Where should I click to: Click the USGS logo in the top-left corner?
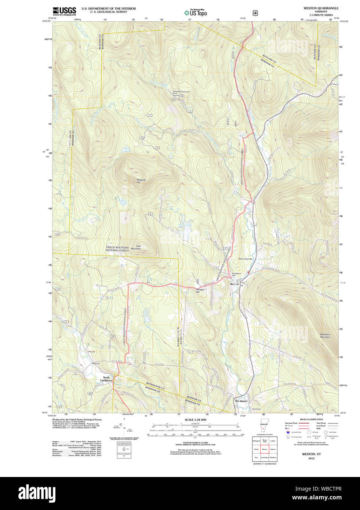pyautogui.click(x=64, y=11)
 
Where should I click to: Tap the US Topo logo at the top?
pyautogui.click(x=196, y=12)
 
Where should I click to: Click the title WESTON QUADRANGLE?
pyautogui.click(x=321, y=8)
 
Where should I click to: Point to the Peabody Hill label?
pyautogui.click(x=141, y=181)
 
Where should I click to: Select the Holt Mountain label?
pyautogui.click(x=136, y=248)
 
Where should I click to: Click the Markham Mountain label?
pyautogui.click(x=325, y=335)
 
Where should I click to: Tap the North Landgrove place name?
pyautogui.click(x=106, y=379)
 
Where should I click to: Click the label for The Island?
pyautogui.click(x=241, y=401)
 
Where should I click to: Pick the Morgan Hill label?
pyautogui.click(x=200, y=291)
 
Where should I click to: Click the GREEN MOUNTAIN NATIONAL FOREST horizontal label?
pyautogui.click(x=117, y=249)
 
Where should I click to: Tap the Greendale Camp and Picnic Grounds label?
pyautogui.click(x=181, y=93)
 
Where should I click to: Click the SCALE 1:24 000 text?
pyautogui.click(x=195, y=420)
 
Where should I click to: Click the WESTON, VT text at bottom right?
pyautogui.click(x=311, y=454)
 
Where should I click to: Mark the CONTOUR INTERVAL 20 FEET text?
pyautogui.click(x=195, y=443)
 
